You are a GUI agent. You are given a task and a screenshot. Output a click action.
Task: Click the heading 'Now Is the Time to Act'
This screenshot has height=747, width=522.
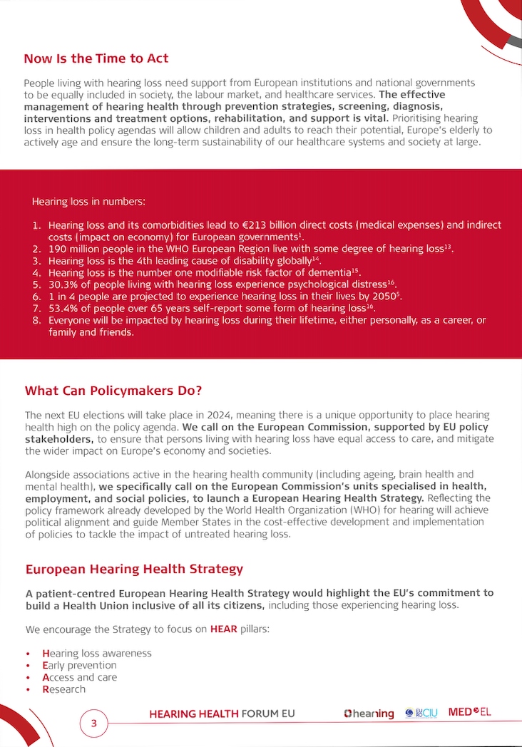click(x=96, y=58)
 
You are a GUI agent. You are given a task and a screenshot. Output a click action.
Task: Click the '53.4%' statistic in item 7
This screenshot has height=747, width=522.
click(x=64, y=308)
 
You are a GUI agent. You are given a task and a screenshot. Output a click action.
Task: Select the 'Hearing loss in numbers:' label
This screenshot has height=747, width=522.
click(x=88, y=202)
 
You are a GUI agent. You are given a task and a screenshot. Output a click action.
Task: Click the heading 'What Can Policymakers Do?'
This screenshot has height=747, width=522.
click(x=113, y=391)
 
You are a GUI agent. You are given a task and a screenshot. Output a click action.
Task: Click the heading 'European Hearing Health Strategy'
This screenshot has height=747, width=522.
click(x=134, y=569)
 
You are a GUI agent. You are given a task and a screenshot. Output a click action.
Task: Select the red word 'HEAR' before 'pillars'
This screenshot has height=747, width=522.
click(x=224, y=629)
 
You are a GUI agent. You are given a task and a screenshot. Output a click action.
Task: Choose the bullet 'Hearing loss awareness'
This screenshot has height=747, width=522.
click(x=97, y=653)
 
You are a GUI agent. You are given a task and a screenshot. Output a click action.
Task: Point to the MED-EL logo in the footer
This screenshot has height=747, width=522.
click(x=469, y=712)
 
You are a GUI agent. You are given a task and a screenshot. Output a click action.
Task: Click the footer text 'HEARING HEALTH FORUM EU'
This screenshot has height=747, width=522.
click(x=222, y=713)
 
